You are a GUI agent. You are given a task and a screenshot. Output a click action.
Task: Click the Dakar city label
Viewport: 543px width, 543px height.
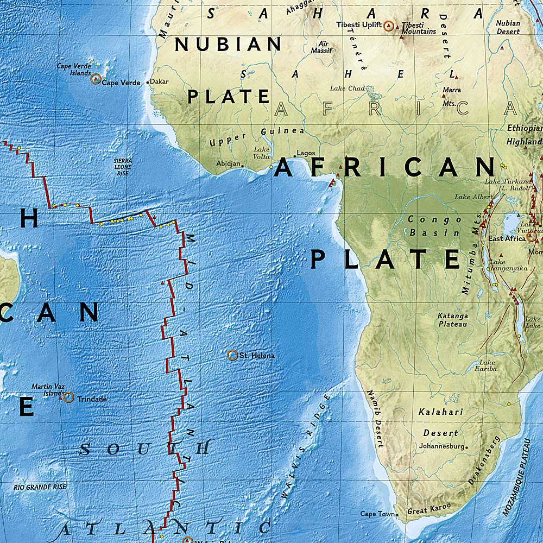coord(159,82)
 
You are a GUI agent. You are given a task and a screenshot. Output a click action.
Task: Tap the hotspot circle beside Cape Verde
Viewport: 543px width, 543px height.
coord(96,79)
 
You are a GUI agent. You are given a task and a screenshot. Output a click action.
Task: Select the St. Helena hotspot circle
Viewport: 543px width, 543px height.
coord(232,356)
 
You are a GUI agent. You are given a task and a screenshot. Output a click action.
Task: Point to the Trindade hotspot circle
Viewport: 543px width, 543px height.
coord(68,397)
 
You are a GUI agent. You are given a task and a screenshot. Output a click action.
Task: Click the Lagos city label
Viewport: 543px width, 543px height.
coord(306,153)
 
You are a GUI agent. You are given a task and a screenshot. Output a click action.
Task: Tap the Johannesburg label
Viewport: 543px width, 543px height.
coord(441,446)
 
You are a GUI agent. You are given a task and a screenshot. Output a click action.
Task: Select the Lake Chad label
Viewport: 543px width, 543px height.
coord(348,89)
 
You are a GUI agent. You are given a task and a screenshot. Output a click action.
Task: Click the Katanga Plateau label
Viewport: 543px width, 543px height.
coord(453,320)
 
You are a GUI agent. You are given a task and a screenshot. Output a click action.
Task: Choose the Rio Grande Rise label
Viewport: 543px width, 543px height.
coord(40,487)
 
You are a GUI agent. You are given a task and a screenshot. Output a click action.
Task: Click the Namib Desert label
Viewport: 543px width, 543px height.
coord(375,419)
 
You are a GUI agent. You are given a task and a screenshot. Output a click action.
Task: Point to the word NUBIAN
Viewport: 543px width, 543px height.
coord(228,45)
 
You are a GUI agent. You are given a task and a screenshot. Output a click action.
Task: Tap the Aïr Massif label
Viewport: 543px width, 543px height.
coord(321,47)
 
